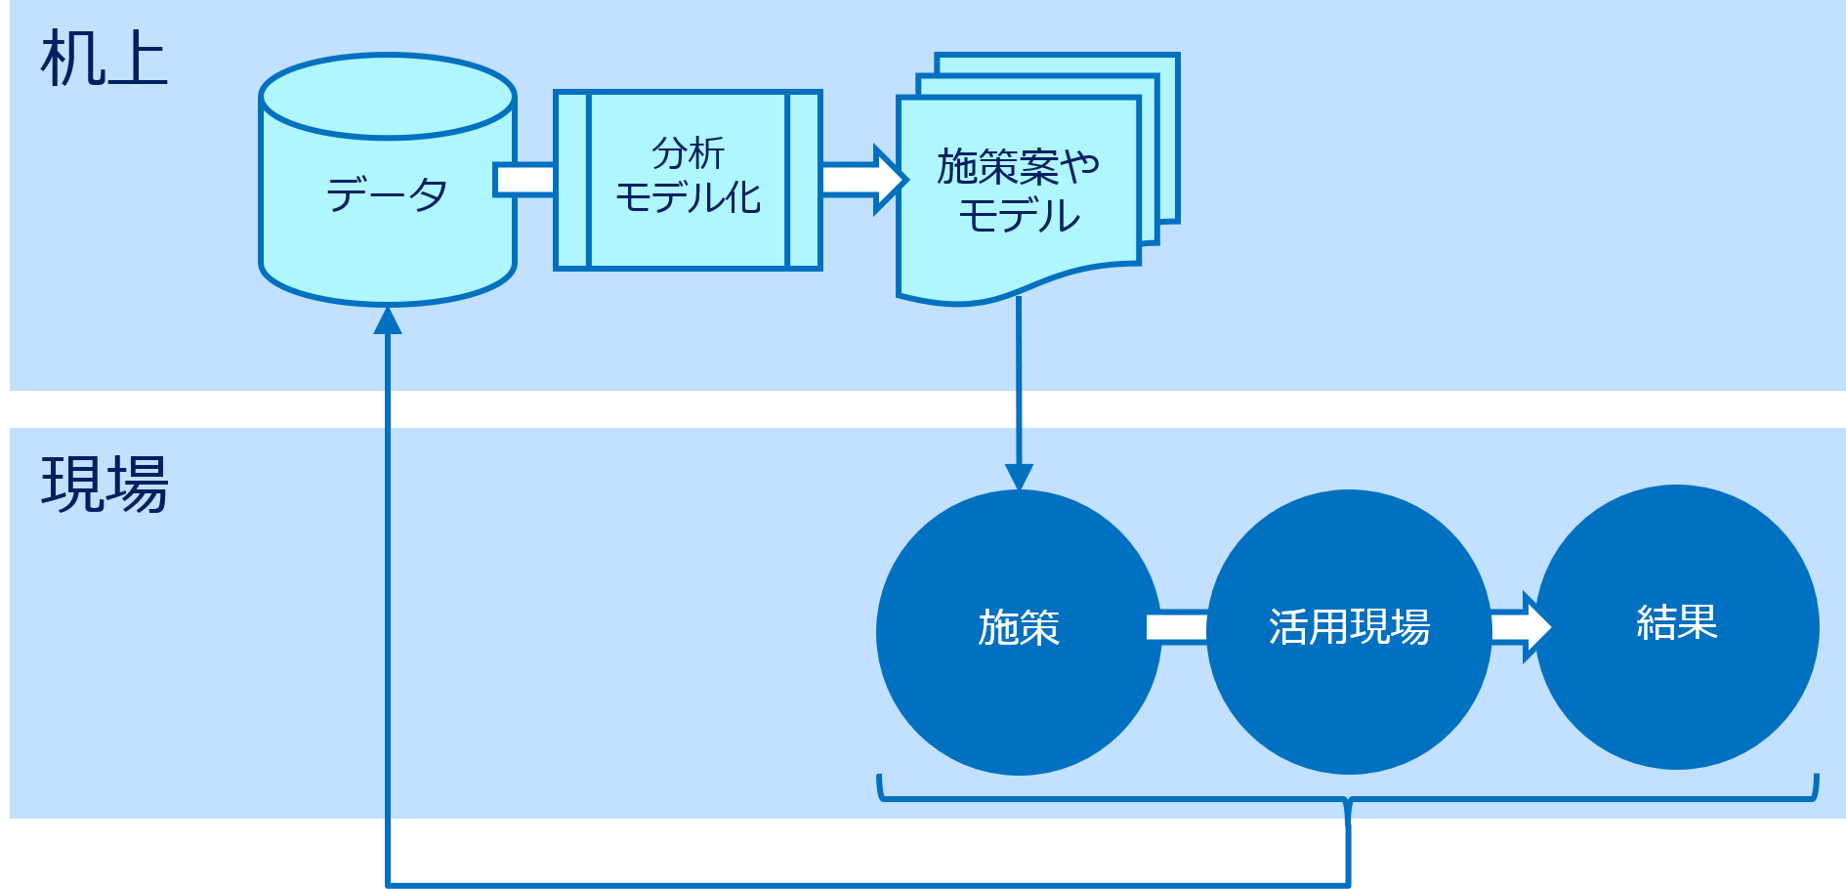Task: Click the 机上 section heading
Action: point(104,61)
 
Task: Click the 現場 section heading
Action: point(104,485)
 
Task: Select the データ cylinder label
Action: point(387,194)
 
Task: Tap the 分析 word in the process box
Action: point(688,153)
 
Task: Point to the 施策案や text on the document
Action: point(1018,167)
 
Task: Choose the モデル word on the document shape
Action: point(1018,216)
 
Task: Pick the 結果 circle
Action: point(1677,625)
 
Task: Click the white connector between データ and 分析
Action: point(525,180)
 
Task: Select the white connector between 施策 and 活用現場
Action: point(1177,627)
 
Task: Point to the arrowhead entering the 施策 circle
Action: point(1019,477)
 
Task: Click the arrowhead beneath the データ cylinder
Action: point(388,320)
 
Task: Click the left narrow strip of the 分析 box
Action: point(572,180)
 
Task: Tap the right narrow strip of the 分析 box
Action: point(804,180)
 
